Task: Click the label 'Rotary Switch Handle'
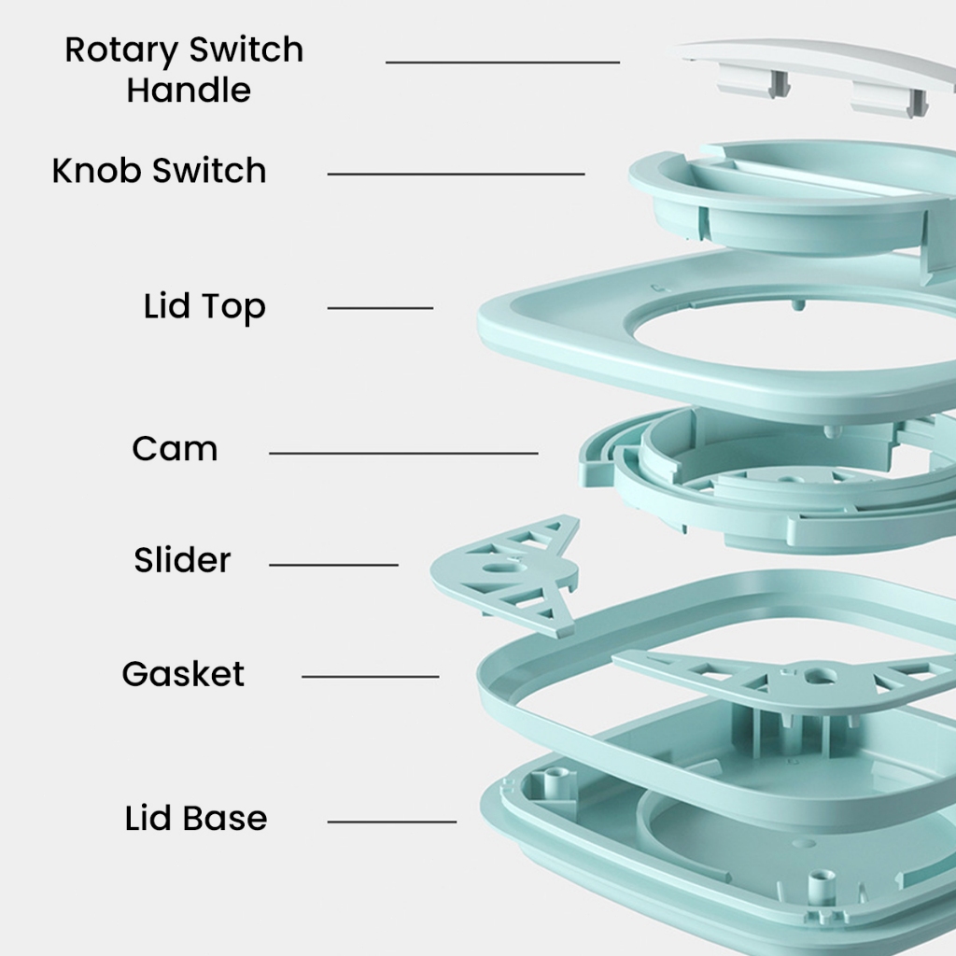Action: (x=184, y=70)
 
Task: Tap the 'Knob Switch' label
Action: (x=159, y=171)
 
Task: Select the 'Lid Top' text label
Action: (x=204, y=306)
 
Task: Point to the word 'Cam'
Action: (x=175, y=449)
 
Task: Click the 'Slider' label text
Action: (x=182, y=560)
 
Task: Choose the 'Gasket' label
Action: (x=183, y=673)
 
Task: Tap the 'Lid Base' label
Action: (x=196, y=818)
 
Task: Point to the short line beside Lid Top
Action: (x=380, y=307)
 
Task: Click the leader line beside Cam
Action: (x=403, y=454)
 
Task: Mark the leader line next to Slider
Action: (x=333, y=565)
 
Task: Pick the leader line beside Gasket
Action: (x=370, y=676)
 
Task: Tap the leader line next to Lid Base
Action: (x=391, y=822)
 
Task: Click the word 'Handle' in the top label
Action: (x=189, y=91)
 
